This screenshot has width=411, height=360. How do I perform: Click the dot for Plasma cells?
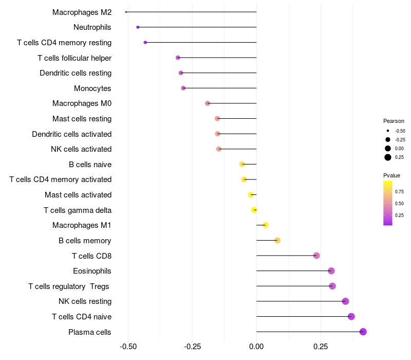363,332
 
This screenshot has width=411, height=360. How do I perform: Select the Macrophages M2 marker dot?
126,12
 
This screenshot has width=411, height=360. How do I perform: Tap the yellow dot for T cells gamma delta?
254,210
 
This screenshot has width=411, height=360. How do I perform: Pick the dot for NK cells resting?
345,301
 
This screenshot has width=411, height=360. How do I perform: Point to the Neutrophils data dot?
138,27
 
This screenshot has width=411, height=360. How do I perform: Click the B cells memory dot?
277,240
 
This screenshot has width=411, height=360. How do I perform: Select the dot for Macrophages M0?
208,103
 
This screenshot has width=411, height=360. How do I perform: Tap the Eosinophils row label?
92,271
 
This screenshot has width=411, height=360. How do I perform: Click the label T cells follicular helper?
74,58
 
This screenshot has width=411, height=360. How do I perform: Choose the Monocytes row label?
92,88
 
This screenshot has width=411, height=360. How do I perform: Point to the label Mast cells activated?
78,195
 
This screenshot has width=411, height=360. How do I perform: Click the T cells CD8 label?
92,256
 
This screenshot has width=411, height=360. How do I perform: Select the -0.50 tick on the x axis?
128,347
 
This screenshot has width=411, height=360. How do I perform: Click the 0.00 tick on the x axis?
256,347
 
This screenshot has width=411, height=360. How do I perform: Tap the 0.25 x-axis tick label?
321,347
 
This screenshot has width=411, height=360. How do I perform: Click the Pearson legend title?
394,121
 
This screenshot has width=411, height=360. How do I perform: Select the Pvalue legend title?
392,175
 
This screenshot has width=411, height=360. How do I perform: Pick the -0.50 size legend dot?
388,131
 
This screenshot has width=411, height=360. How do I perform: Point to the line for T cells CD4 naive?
303,316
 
